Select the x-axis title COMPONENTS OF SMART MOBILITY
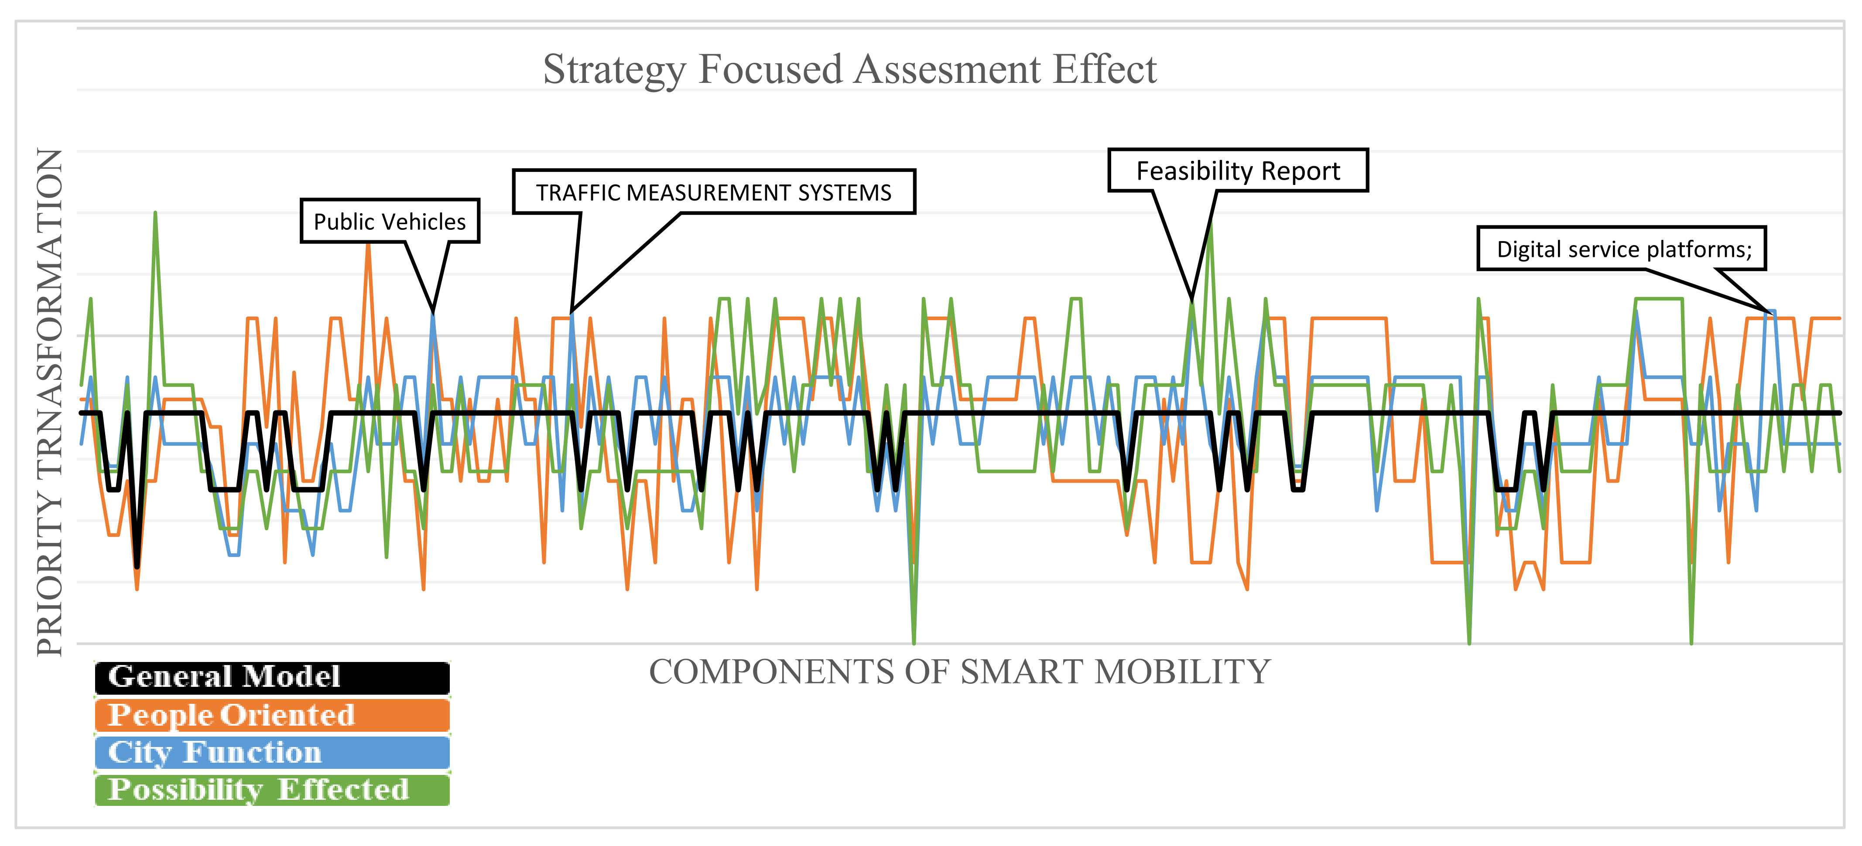959,672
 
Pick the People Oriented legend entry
272,715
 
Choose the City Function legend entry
272,752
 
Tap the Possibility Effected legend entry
272,790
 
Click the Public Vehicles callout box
390,221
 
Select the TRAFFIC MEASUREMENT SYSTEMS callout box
713,192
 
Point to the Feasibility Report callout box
1237,171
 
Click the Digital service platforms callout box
1621,249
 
